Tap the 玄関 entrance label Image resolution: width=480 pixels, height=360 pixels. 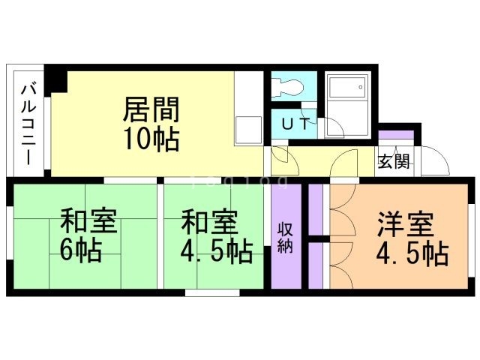pos(393,160)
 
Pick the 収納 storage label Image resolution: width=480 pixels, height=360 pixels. pos(285,238)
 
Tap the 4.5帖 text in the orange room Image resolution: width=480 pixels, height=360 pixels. pos(412,253)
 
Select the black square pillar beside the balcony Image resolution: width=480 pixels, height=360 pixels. pos(56,80)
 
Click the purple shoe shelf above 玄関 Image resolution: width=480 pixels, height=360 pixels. pos(395,135)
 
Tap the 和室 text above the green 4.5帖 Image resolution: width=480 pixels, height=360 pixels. pos(209,223)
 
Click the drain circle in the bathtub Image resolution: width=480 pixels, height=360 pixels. pos(361,88)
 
